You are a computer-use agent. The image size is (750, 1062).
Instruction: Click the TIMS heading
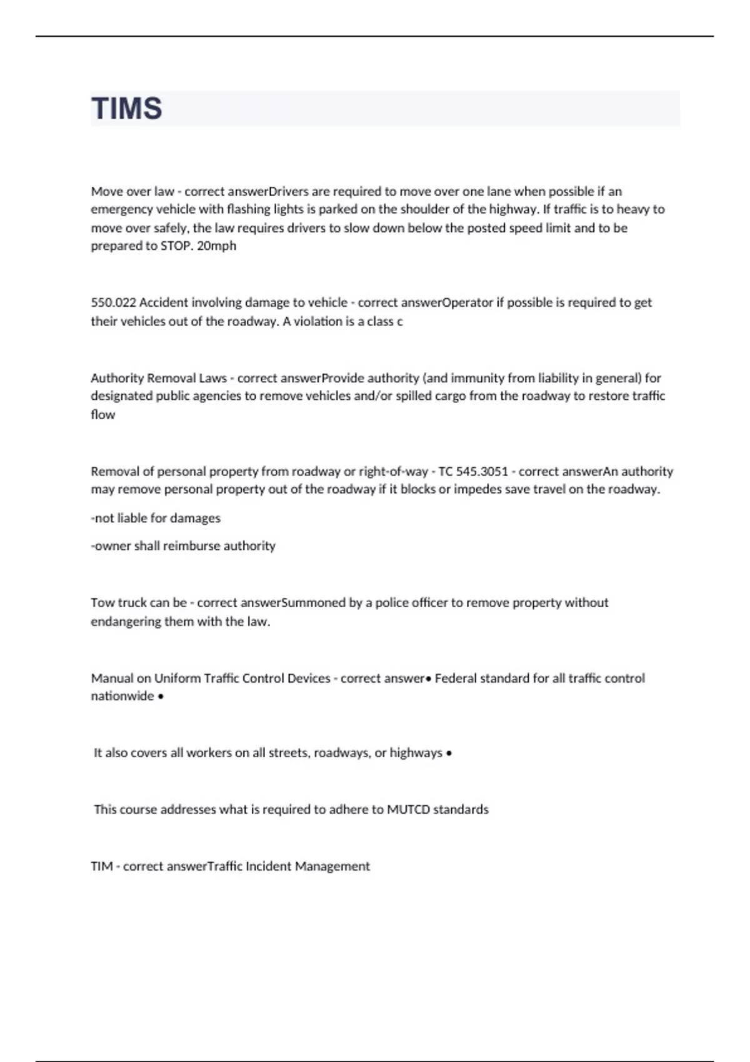127,108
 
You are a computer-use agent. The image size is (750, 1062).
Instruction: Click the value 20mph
216,246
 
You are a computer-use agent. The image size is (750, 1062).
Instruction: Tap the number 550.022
113,302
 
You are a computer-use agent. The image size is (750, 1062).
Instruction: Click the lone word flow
102,414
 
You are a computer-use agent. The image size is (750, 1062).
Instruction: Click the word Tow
102,603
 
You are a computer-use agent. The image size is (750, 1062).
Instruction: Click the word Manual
112,678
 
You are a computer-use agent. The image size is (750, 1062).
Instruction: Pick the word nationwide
122,696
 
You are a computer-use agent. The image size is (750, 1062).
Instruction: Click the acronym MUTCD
408,810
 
